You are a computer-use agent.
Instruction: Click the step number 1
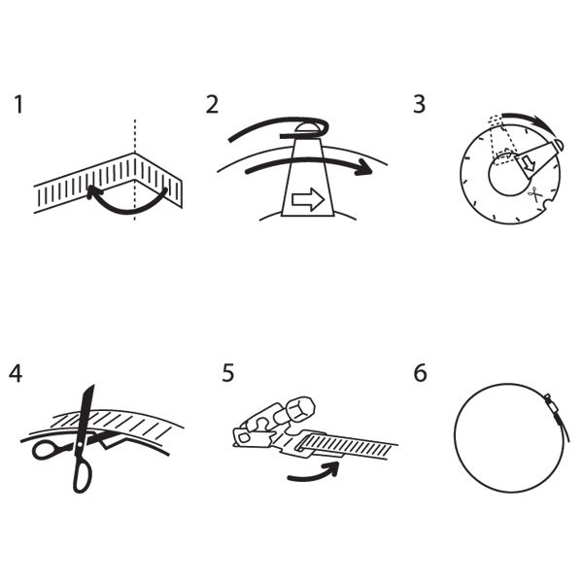18,105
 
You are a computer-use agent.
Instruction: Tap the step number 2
212,105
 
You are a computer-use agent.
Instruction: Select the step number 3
419,105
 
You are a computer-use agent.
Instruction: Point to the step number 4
16,373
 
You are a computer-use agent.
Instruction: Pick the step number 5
228,373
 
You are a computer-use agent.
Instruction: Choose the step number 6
420,373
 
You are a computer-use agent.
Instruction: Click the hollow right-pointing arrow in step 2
308,199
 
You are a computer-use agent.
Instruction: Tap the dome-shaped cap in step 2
307,126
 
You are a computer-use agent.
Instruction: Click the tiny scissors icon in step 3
533,194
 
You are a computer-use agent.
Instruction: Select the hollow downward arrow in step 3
529,165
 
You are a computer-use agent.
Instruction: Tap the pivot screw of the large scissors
80,444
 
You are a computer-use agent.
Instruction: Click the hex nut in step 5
300,409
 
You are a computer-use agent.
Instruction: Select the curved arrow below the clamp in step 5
314,471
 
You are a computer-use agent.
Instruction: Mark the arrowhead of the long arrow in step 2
362,167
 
